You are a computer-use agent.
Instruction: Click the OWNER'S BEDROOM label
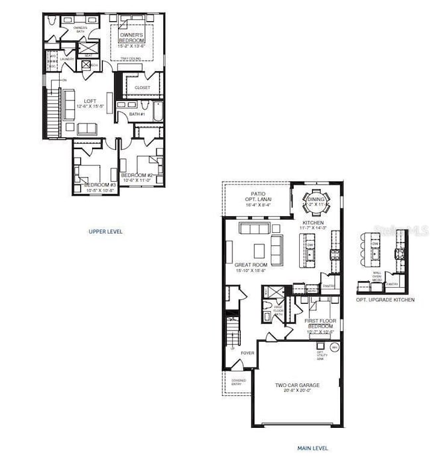(131, 40)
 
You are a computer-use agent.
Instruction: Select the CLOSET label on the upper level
(142, 88)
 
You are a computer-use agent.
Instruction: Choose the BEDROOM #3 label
(99, 186)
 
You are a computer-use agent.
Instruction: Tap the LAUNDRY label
(66, 59)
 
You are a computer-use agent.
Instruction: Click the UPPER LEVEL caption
(105, 231)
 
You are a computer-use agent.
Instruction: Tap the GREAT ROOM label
(250, 267)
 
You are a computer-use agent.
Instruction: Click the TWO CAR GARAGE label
(297, 387)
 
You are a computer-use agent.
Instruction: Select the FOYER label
(247, 353)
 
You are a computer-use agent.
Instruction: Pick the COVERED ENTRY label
(238, 383)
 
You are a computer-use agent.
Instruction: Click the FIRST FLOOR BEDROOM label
(320, 323)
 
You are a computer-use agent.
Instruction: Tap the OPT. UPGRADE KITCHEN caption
(385, 300)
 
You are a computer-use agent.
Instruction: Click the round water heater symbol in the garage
(334, 347)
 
